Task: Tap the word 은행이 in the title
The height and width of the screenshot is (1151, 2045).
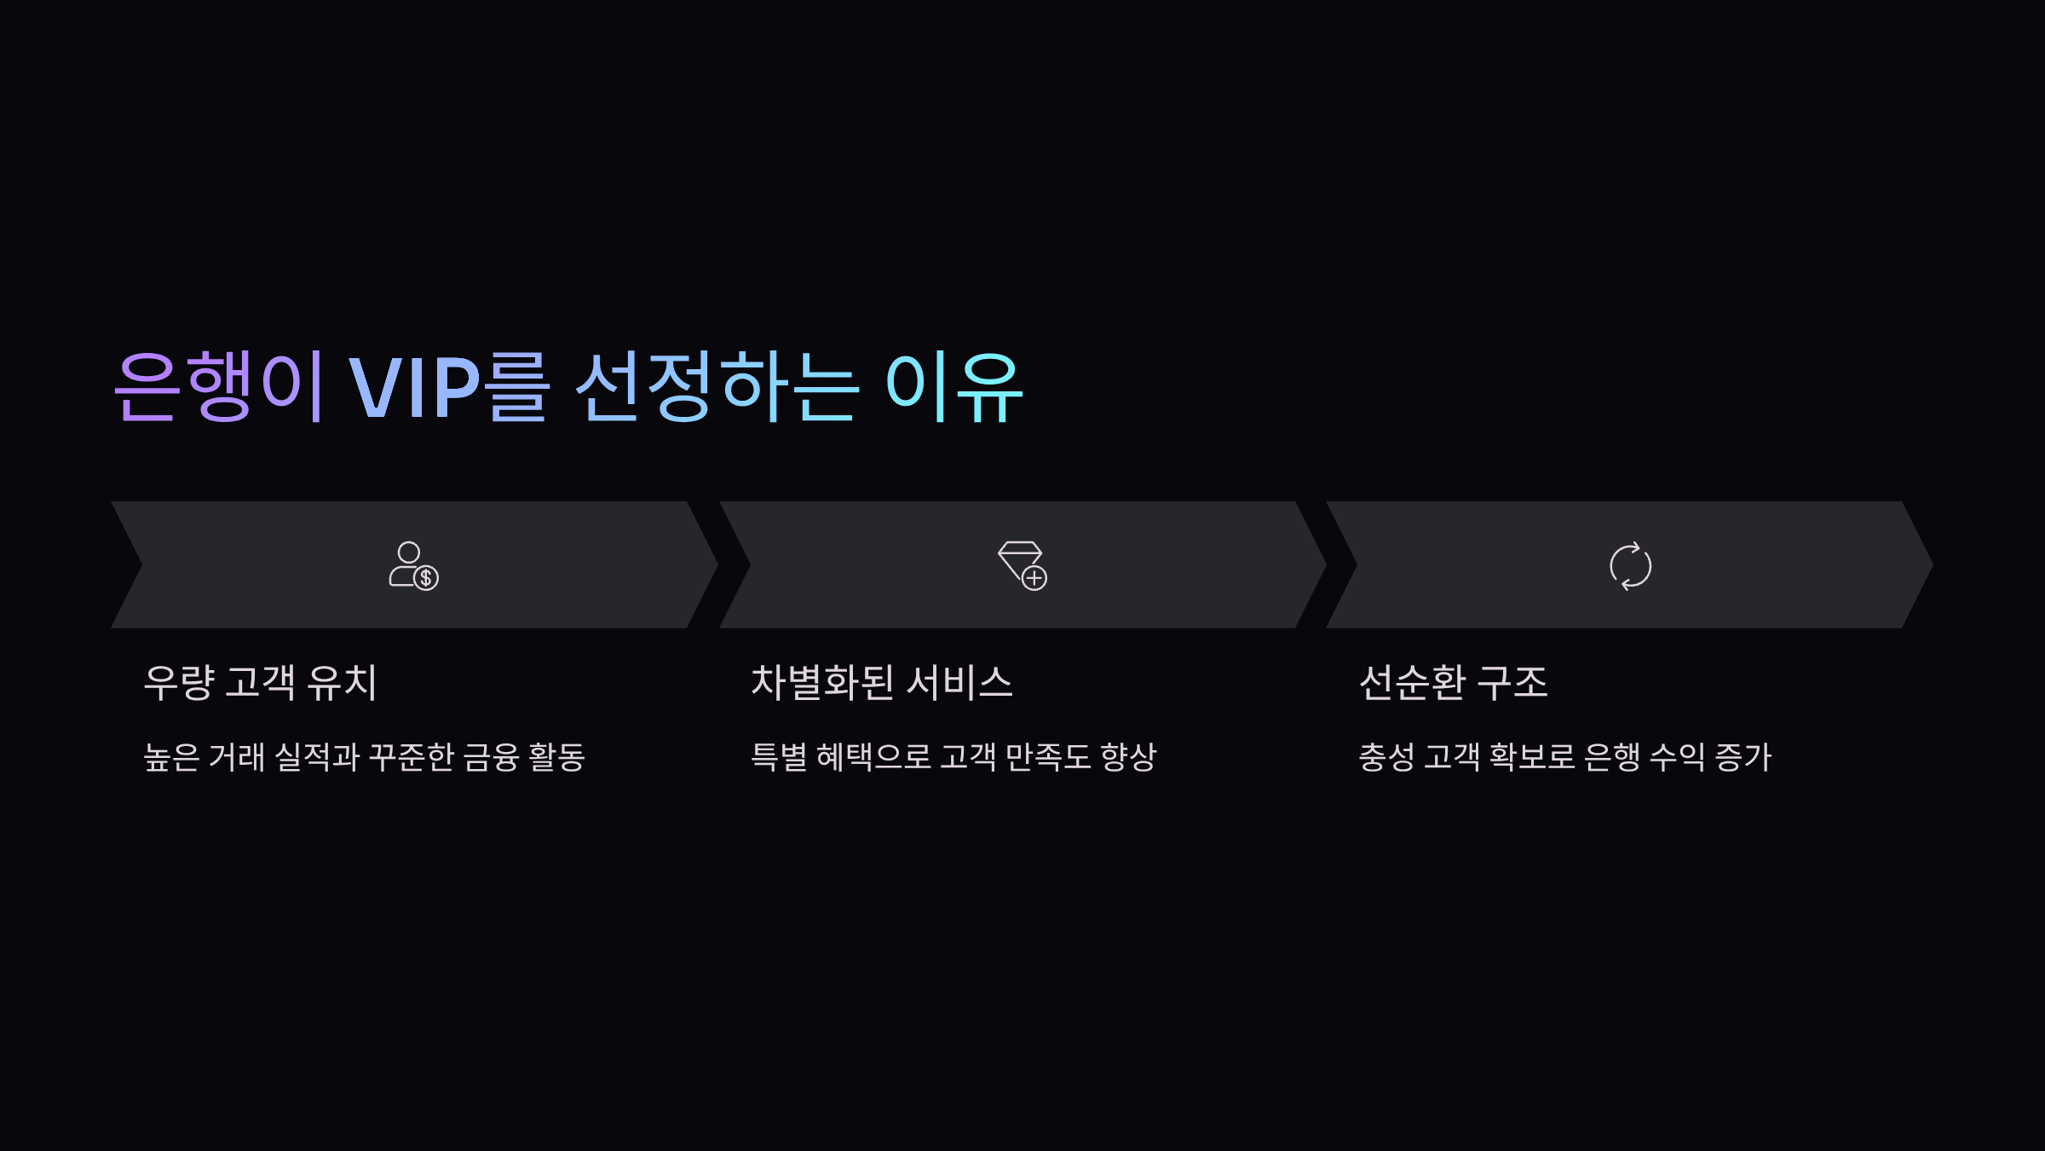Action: pos(220,388)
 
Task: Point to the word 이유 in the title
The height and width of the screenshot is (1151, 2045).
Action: pos(954,388)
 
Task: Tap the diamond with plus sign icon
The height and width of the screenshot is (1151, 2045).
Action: pos(1022,565)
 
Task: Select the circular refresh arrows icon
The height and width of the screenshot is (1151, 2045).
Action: pos(1630,566)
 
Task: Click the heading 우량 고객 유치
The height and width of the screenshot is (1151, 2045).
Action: pos(260,682)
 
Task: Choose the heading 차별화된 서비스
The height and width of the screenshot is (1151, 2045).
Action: pos(881,682)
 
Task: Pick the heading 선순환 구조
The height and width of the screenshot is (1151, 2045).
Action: pos(1453,682)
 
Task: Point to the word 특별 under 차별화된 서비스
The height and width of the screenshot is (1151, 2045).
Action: pos(778,757)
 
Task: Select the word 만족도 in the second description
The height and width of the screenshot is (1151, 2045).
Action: pos(1047,757)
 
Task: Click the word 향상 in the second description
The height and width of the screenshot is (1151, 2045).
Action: pos(1128,757)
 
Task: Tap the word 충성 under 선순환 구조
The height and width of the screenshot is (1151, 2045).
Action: pos(1385,757)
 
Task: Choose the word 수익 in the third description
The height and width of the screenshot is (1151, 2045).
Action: pos(1677,757)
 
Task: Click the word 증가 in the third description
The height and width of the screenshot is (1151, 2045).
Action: pos(1743,757)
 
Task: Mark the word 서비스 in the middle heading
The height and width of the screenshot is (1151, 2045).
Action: pos(959,682)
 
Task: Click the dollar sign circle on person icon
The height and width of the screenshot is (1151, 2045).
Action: pos(426,578)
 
